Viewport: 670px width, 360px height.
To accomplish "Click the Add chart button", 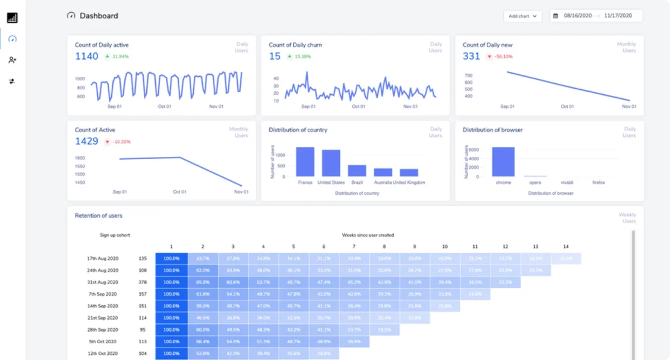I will tap(522, 16).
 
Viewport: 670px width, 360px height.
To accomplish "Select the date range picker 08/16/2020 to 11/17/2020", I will tap(596, 16).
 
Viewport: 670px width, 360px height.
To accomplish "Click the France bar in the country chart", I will tap(305, 162).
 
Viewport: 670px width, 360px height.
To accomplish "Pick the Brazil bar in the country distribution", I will tap(357, 171).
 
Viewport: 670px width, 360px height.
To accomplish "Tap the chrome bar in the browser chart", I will tap(503, 162).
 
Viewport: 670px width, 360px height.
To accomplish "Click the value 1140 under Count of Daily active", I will tap(87, 56).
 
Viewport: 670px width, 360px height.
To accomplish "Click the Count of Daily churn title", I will tap(295, 45).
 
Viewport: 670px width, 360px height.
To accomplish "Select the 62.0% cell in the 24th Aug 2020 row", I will tap(202, 270).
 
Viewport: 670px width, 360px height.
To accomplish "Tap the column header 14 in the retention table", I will tap(566, 246).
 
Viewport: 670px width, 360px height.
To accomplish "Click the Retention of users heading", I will tap(98, 215).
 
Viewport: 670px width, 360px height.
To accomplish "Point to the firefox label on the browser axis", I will tap(598, 183).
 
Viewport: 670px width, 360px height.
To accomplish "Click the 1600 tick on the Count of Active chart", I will tap(79, 158).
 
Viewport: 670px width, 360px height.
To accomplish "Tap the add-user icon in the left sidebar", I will tap(12, 60).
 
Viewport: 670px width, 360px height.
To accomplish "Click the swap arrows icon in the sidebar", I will tap(12, 81).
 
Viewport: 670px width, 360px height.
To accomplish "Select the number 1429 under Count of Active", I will tap(87, 142).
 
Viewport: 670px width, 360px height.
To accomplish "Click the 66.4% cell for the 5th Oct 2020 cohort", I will tap(202, 342).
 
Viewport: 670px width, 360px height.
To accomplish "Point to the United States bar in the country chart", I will tap(331, 163).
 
